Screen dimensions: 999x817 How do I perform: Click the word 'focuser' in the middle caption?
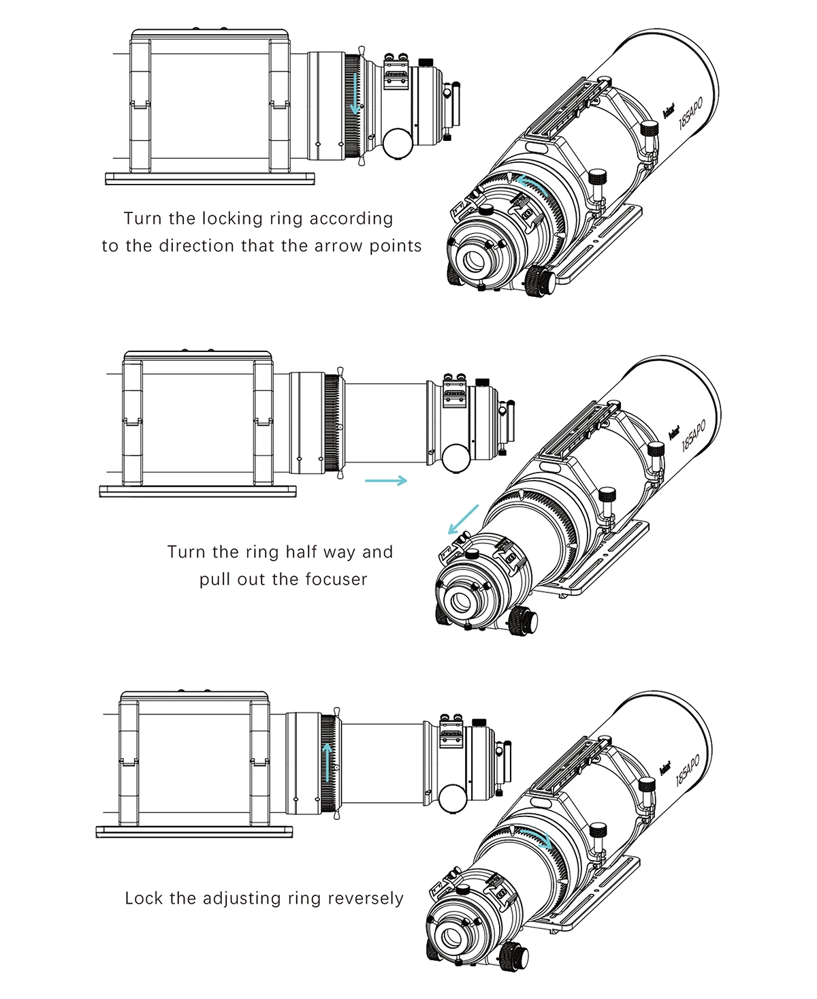(x=336, y=580)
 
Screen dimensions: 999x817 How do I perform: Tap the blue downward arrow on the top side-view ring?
(x=354, y=93)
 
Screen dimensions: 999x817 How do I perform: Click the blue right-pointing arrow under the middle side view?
(x=386, y=481)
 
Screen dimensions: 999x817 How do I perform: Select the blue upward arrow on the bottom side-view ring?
(x=329, y=762)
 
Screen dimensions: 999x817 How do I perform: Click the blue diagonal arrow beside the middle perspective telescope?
(x=464, y=520)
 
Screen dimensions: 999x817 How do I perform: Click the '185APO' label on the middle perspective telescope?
(x=694, y=435)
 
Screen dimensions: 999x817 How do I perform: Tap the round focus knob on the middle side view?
(x=455, y=458)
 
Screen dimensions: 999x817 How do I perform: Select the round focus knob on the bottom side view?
(x=452, y=797)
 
